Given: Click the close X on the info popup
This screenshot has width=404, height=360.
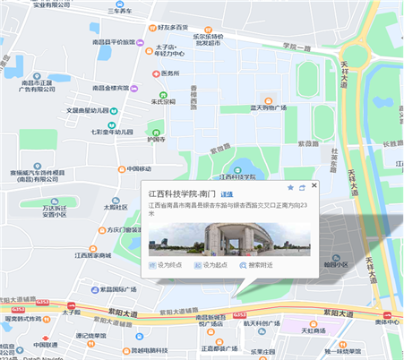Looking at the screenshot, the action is pyautogui.click(x=314, y=186).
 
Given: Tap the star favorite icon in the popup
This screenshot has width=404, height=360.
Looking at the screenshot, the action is pyautogui.click(x=290, y=187).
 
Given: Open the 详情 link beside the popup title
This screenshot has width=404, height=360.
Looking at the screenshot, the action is pyautogui.click(x=227, y=193).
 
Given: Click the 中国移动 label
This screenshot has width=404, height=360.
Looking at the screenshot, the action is pyautogui.click(x=139, y=169).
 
